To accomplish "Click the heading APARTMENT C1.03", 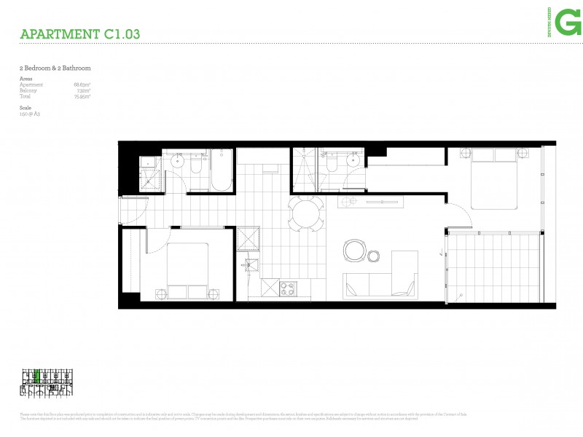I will click(80, 34).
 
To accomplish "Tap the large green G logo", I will click(568, 23).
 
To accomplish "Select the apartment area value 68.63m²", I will click(82, 84).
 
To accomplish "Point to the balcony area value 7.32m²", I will click(82, 90).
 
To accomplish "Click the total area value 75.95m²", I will click(82, 96).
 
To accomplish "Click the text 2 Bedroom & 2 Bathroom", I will click(55, 68).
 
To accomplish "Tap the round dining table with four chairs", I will click(305, 213).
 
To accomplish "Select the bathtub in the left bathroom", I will click(221, 170).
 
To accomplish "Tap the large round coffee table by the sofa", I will click(355, 251).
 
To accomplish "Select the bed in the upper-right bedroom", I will click(493, 176).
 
